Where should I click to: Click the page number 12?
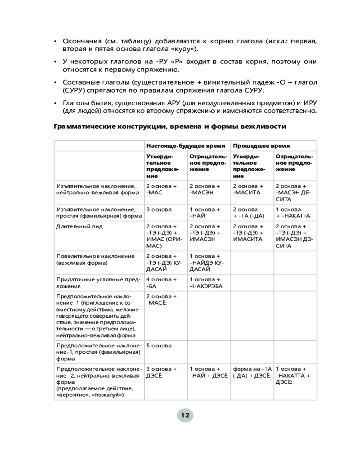coord(185,415)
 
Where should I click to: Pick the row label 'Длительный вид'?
coord(73,226)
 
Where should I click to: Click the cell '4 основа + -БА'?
coord(161,283)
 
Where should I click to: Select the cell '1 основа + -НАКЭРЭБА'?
coord(206,283)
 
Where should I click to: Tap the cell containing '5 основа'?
coord(158,345)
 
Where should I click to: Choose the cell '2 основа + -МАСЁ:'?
coord(161,299)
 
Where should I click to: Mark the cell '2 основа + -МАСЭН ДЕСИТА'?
coord(292,193)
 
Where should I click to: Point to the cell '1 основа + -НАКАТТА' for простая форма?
coord(292,212)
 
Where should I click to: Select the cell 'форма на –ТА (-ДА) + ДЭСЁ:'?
coord(252,372)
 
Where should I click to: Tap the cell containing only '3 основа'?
coord(158,209)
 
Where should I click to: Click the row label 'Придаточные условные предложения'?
coord(98,283)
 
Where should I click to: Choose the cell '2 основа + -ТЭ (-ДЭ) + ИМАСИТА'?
coord(249,233)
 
